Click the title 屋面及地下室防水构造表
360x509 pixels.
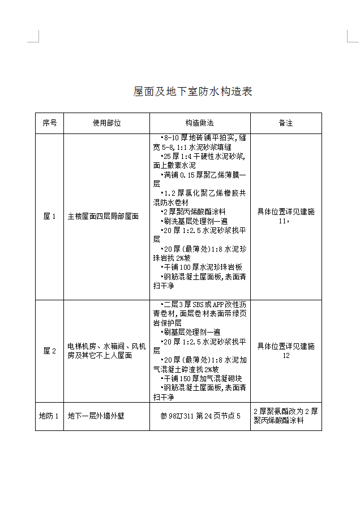[x=192, y=92]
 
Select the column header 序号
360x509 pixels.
[x=49, y=123]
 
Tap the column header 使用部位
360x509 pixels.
[x=106, y=123]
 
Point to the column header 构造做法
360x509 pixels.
[x=200, y=123]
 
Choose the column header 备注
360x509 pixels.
[x=286, y=123]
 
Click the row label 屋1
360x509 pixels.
[x=49, y=216]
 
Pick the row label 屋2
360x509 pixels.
[x=49, y=351]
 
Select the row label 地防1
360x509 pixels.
[x=49, y=416]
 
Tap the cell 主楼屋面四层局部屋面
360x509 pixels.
[x=103, y=216]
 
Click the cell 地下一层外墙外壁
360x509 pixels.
[x=96, y=416]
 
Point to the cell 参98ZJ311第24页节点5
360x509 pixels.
[x=200, y=416]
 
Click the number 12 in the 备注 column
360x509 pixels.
[x=286, y=356]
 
